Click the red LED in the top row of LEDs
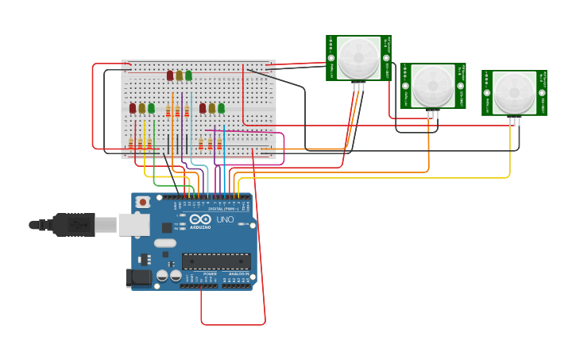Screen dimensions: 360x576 [x=170, y=75]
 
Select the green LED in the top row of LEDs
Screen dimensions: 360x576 [x=188, y=75]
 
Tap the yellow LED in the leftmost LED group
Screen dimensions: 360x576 [x=142, y=108]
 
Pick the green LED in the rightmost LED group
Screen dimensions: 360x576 [x=221, y=108]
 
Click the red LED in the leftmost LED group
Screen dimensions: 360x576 [x=133, y=108]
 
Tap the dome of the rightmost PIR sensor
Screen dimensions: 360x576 [x=514, y=92]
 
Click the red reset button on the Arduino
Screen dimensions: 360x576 [x=142, y=202]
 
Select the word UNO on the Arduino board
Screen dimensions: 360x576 [x=225, y=219]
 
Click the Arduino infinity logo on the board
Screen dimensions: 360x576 [x=200, y=219]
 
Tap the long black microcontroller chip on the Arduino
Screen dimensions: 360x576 [x=216, y=261]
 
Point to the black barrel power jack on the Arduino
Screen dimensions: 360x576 [x=138, y=277]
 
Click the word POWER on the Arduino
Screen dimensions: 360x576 [x=210, y=273]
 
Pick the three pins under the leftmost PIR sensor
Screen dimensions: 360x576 [x=358, y=87]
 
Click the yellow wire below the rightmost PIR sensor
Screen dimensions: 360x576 [x=510, y=155]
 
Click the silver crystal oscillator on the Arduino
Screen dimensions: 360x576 [x=164, y=242]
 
